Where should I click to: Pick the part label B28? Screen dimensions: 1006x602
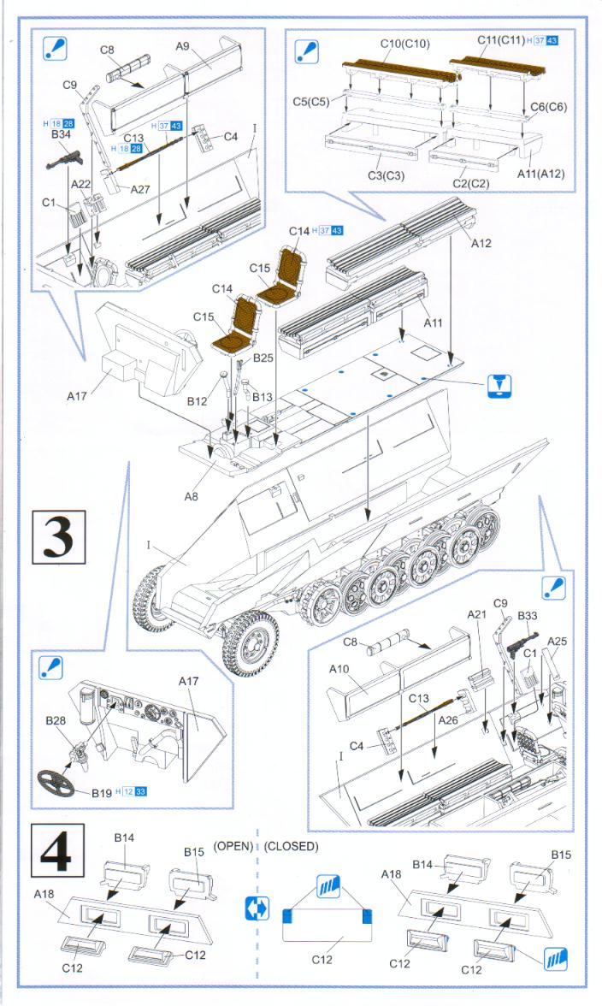click(x=56, y=721)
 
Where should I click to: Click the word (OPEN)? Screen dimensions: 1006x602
click(x=233, y=846)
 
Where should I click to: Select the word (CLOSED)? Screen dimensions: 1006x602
click(x=292, y=846)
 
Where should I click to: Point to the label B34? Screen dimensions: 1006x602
click(x=61, y=134)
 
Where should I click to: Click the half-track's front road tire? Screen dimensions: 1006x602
click(x=251, y=642)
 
